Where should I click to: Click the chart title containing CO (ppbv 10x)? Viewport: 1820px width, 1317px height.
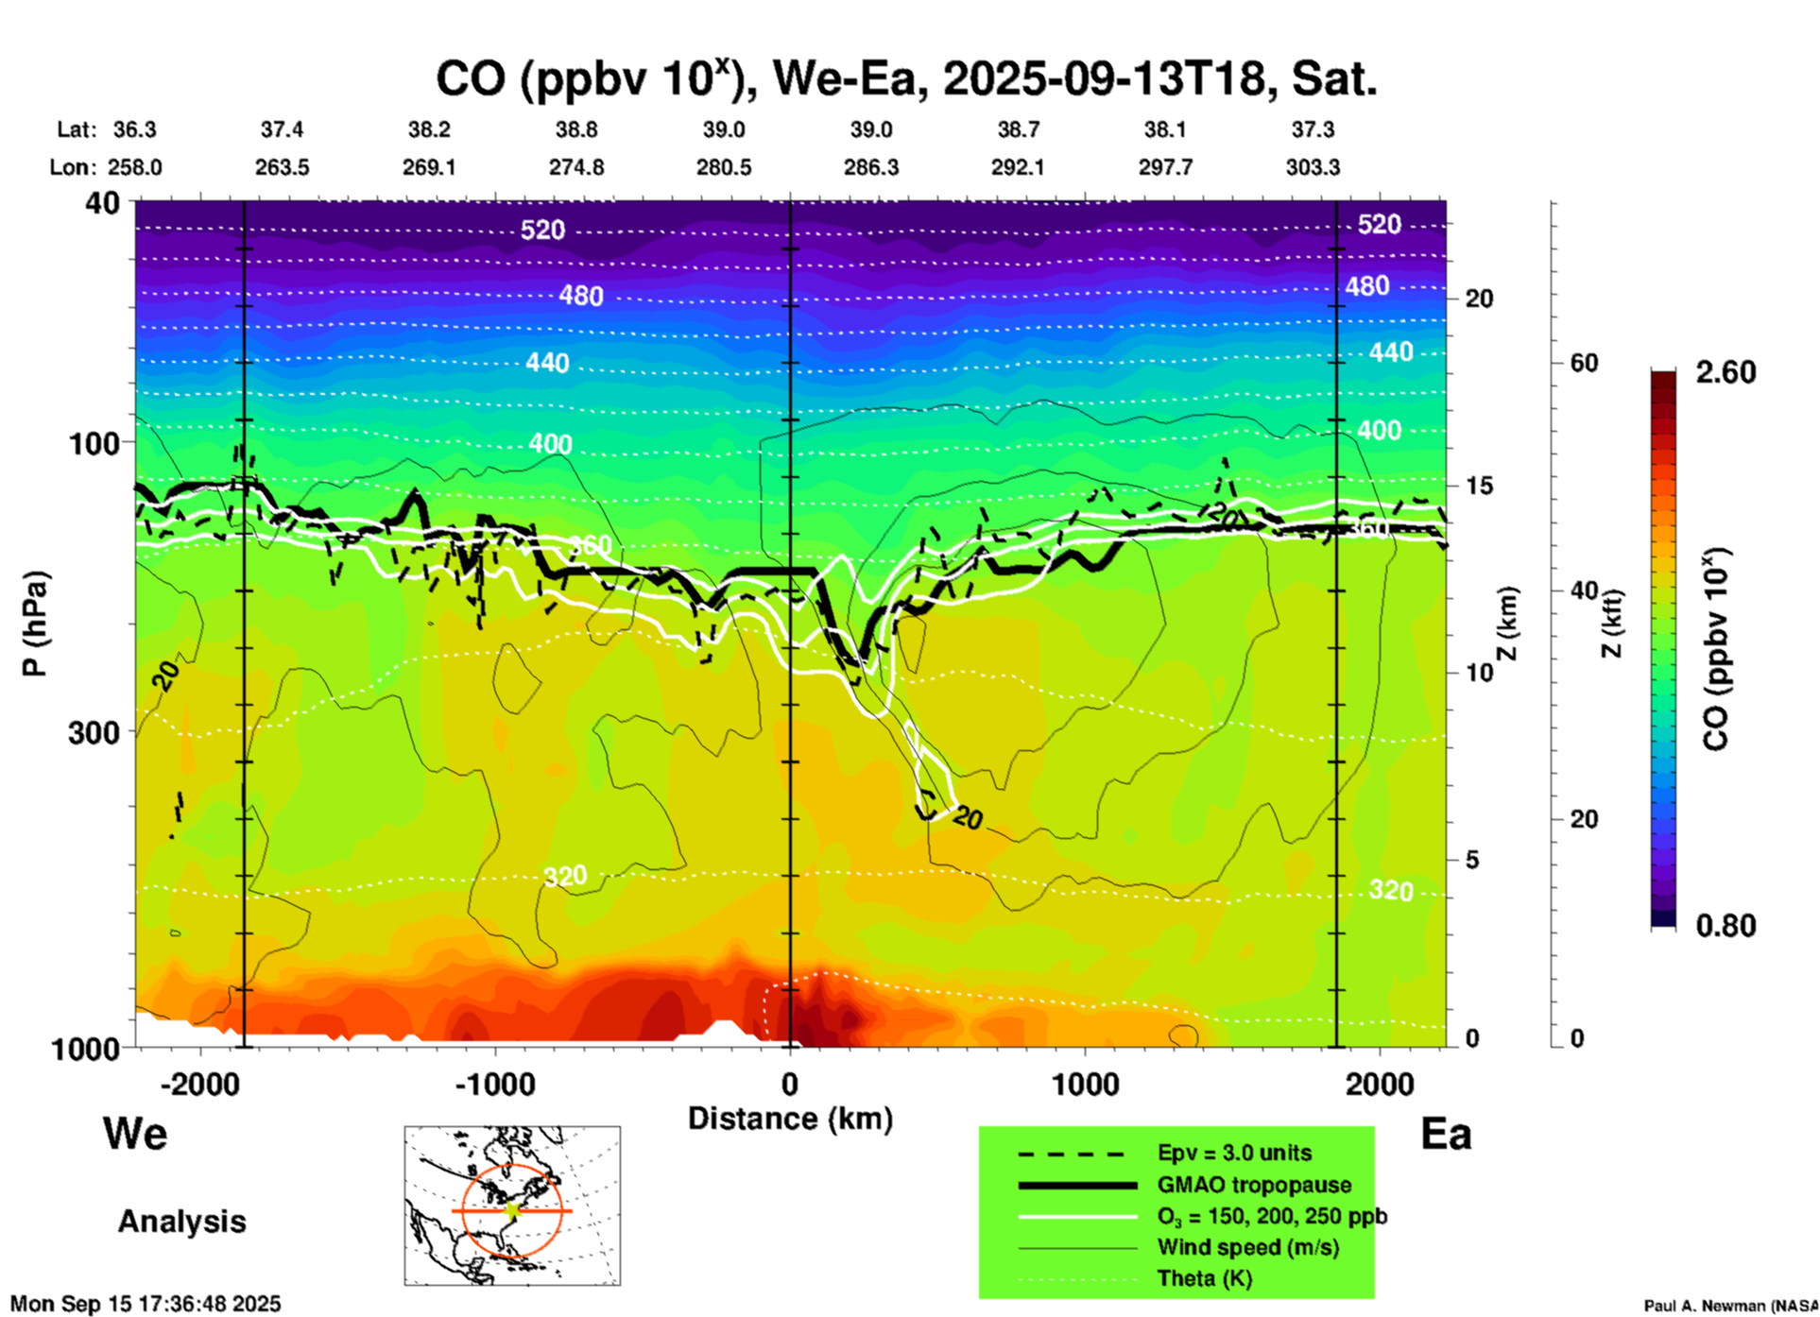coord(905,78)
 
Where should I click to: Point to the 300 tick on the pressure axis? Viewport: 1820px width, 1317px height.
coord(94,732)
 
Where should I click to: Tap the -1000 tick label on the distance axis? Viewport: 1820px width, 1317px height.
coord(495,1084)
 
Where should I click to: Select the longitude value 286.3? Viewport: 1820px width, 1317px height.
coord(870,167)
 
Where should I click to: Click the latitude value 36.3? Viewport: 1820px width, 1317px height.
coord(134,129)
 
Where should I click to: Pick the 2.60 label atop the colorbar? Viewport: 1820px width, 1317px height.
coord(1726,372)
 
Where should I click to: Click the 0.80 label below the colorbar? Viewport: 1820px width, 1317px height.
coord(1726,926)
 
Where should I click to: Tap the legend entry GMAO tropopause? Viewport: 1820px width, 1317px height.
coord(1254,1185)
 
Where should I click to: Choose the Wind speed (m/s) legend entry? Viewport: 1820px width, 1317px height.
coord(1247,1247)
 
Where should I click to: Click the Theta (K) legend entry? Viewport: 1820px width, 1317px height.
coord(1205,1278)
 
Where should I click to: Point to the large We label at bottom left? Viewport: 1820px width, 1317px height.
coord(135,1133)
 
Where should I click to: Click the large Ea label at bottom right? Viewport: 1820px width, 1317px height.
coord(1446,1134)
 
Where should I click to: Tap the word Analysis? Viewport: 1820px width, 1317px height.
coord(181,1222)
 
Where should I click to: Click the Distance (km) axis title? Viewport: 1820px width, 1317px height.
coord(790,1119)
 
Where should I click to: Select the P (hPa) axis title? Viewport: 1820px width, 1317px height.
coord(34,624)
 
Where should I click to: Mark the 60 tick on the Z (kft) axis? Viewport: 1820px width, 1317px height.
coord(1584,364)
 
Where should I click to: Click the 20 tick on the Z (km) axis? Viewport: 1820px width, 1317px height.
coord(1479,299)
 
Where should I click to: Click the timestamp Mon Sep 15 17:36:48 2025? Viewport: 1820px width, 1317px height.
coord(146,1304)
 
